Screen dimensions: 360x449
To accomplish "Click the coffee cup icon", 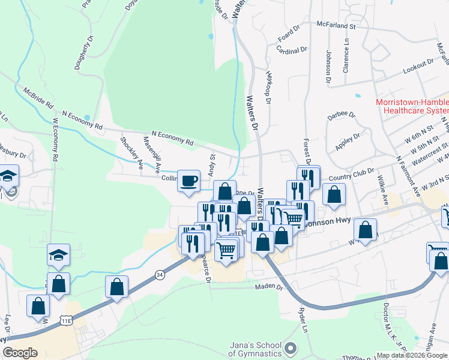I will tap(189, 181).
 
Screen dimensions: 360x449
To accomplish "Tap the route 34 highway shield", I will tap(158, 275).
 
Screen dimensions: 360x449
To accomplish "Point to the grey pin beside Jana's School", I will tap(291, 348).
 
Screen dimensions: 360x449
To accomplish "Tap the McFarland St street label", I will tap(336, 26).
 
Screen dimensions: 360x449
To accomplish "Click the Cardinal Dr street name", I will tap(292, 51).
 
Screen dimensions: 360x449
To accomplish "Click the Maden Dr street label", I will tap(270, 287).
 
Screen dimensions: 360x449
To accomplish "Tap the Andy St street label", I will tap(211, 164).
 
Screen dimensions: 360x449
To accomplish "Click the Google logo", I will tap(20, 353).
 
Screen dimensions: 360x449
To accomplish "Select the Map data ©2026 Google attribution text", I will tap(412, 355).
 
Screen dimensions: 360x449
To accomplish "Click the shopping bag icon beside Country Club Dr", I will tap(334, 194).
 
